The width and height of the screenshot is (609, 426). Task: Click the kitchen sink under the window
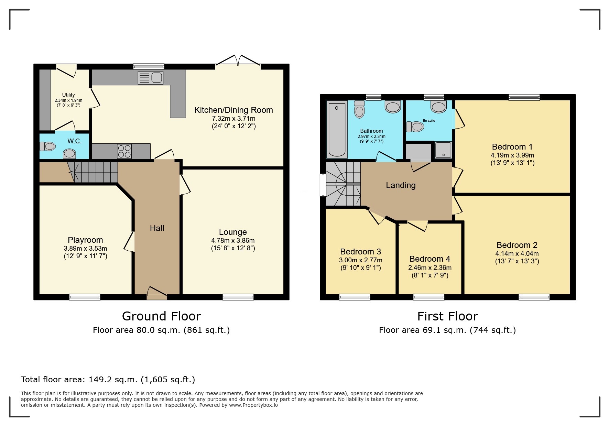point(150,78)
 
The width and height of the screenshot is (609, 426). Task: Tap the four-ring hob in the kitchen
point(124,151)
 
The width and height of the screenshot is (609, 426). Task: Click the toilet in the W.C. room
point(47,146)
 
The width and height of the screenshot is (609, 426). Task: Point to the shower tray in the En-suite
point(443,150)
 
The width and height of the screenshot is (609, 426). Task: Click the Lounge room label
point(233,232)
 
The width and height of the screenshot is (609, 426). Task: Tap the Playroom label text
point(85,240)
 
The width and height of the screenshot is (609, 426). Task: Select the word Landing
point(401,185)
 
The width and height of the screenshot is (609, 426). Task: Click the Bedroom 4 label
point(430,259)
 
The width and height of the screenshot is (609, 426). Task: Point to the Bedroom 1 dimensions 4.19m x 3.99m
point(512,155)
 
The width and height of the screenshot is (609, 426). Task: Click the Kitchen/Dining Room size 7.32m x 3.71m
point(234,118)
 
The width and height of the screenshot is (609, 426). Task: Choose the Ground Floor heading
point(161,316)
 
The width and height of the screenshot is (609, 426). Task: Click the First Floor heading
point(447,316)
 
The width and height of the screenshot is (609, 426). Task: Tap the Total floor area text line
point(108,380)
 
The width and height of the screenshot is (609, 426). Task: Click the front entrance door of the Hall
point(157,293)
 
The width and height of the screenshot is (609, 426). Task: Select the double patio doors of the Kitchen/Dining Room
point(238,60)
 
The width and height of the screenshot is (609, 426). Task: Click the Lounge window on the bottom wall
point(238,297)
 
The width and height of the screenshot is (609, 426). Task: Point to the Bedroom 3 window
point(355,297)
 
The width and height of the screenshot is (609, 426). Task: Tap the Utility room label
point(68,95)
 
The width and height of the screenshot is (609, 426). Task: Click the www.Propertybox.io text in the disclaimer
point(253,405)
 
